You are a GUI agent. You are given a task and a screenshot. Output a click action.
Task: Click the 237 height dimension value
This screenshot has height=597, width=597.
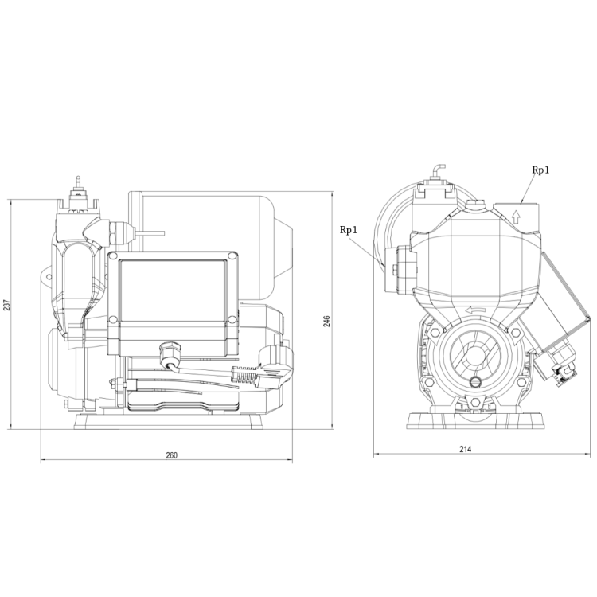coord(7,305)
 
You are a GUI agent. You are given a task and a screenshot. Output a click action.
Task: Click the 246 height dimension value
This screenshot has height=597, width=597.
coord(326,321)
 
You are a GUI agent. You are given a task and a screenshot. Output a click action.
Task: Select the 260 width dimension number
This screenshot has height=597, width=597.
coord(172,455)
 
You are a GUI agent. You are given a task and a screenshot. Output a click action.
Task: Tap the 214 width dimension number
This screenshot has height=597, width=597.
coord(466,449)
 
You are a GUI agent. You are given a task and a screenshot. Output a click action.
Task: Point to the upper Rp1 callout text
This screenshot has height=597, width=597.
coord(540,170)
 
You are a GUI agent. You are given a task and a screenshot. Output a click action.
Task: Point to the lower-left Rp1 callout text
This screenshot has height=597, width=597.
coord(349,230)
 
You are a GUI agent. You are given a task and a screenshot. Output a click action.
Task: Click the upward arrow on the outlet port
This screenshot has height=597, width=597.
coord(516,217)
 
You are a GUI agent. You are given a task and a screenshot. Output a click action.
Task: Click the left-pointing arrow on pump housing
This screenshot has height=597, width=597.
coord(474,310)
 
